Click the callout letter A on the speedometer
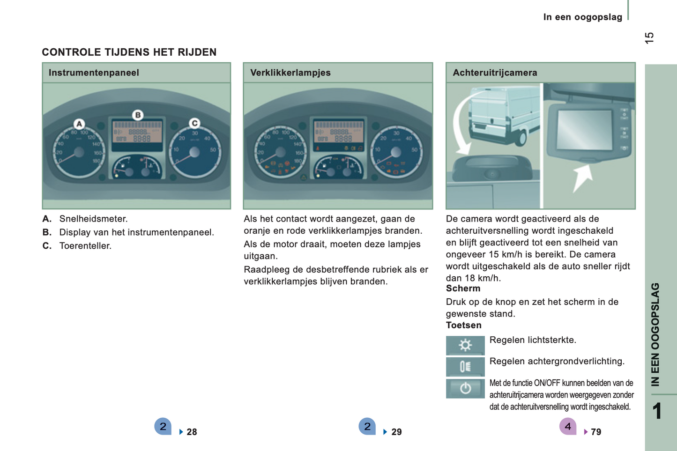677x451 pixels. (79, 124)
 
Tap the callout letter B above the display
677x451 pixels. (138, 115)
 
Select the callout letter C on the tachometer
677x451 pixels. (194, 123)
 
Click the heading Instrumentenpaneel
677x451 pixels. (94, 73)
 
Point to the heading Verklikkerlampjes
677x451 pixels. (290, 73)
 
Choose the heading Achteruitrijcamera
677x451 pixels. (495, 73)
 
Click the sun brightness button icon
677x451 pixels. (465, 345)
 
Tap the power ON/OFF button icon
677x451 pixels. (465, 388)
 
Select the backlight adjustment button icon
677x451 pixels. (465, 367)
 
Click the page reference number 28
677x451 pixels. (192, 432)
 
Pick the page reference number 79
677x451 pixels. (596, 432)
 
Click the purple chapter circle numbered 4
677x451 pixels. (568, 426)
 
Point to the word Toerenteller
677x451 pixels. (85, 246)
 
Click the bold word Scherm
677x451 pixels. (463, 288)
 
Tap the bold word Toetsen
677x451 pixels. (464, 325)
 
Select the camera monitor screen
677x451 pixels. (584, 130)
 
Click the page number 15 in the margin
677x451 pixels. (649, 38)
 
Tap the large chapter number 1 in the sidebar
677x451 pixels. (657, 411)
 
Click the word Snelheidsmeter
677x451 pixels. (93, 219)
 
